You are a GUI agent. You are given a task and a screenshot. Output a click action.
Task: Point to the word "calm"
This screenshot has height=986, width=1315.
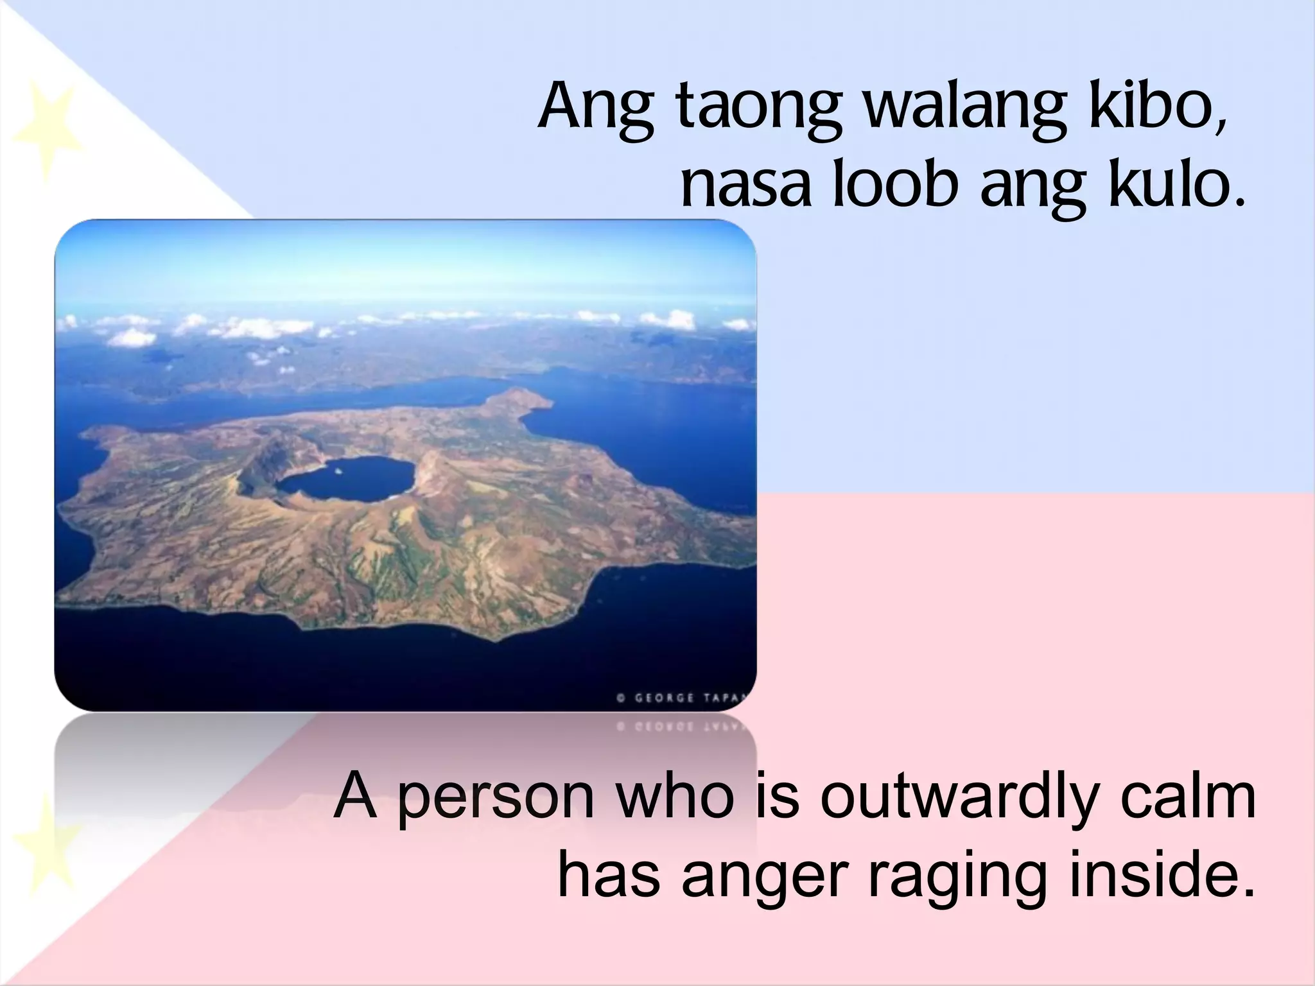click(x=1188, y=797)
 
